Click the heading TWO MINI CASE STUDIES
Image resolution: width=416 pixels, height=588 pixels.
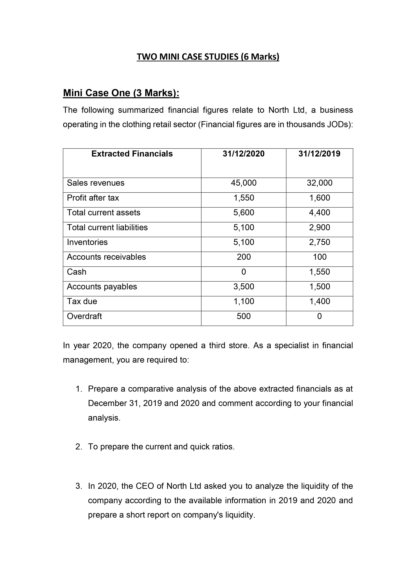(x=208, y=57)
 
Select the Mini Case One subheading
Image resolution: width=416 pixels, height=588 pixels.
(x=121, y=93)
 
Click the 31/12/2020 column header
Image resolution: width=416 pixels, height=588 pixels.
(x=243, y=154)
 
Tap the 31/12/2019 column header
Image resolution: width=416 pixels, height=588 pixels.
(x=319, y=154)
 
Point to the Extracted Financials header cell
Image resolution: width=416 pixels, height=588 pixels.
(x=132, y=154)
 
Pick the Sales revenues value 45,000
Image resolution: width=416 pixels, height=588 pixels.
(x=243, y=183)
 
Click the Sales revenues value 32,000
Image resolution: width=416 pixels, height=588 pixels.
(x=319, y=183)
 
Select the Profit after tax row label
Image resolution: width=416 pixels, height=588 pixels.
(x=93, y=198)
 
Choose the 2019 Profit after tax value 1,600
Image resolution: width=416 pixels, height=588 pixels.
(x=319, y=198)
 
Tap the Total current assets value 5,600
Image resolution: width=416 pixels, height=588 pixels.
(x=243, y=212)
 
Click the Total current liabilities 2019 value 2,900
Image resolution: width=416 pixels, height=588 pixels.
(x=319, y=227)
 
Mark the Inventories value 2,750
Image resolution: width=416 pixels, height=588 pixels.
(x=319, y=242)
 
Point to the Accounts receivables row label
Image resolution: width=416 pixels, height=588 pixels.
(x=106, y=257)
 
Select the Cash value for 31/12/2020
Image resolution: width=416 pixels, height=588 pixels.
(x=243, y=272)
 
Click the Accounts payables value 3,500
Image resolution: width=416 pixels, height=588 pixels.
(x=243, y=287)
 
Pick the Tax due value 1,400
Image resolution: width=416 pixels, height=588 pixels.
(x=319, y=301)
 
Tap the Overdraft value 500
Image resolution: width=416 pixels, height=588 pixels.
(x=243, y=316)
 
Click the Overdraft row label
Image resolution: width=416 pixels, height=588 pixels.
(x=84, y=316)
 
